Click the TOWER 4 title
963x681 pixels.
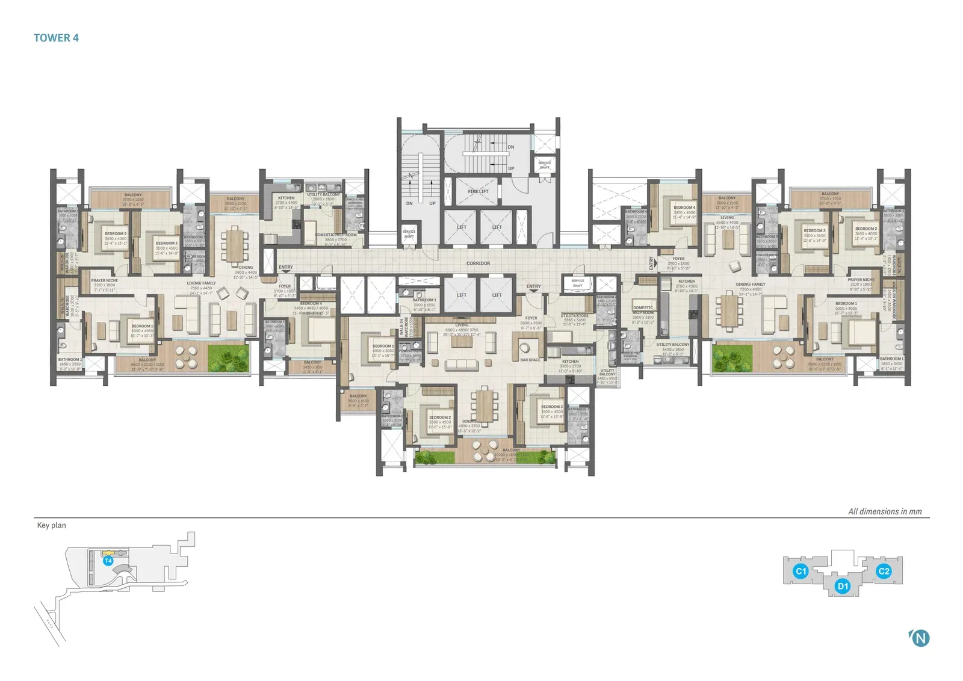[x=56, y=38]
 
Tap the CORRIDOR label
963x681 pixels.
[x=478, y=263]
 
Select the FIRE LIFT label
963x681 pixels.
[x=478, y=191]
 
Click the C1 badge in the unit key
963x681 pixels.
[x=800, y=572]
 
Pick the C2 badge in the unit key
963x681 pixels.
[x=884, y=572]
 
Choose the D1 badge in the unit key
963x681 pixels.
[x=843, y=586]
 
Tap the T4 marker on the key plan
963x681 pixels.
[x=108, y=561]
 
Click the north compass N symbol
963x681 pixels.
[x=920, y=638]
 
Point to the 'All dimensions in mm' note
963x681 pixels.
[x=885, y=511]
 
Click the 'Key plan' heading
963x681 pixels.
[x=52, y=525]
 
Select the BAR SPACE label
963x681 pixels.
[x=530, y=360]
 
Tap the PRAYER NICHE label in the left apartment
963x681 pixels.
[x=105, y=280]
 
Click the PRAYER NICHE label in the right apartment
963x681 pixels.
[x=861, y=280]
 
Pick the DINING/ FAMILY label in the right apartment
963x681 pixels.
[x=751, y=285]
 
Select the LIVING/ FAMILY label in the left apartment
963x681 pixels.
[x=201, y=283]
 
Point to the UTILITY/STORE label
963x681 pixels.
[x=574, y=316]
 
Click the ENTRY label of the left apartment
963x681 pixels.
[x=286, y=267]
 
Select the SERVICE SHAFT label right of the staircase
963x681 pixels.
[x=544, y=164]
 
